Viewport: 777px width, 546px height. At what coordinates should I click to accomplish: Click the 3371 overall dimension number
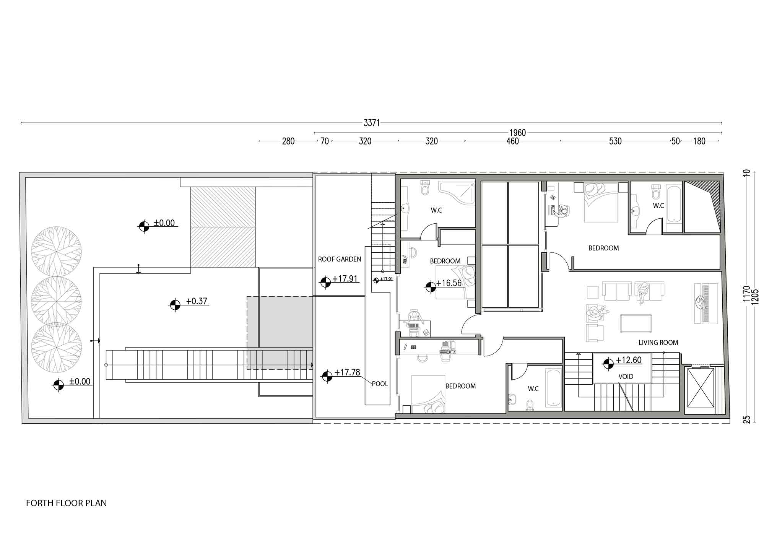click(x=371, y=123)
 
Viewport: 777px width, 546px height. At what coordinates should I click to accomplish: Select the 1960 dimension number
click(x=517, y=133)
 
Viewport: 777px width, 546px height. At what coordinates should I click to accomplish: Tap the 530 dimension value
click(x=615, y=141)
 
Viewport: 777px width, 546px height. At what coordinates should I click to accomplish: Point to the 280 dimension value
click(x=288, y=141)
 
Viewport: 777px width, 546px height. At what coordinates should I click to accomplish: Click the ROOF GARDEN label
click(x=340, y=259)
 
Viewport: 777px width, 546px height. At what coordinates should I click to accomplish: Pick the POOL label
click(x=380, y=384)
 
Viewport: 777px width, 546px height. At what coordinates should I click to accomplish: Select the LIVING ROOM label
click(x=658, y=343)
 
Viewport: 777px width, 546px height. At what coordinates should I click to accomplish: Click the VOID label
click(x=626, y=377)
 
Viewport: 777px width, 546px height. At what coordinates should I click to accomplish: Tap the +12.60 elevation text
click(x=629, y=360)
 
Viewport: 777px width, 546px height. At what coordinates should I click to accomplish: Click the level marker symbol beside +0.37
click(x=175, y=305)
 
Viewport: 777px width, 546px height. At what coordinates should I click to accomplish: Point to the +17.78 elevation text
click(x=347, y=372)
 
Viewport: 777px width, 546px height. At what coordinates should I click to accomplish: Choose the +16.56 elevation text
click(x=449, y=283)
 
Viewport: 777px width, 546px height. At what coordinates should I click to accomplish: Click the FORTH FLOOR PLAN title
click(x=67, y=503)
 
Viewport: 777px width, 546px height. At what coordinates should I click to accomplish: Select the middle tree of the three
click(x=56, y=301)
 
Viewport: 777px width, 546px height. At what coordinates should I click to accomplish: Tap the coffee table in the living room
click(x=636, y=323)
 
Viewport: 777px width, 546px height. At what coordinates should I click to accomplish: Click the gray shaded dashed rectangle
click(x=280, y=333)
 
